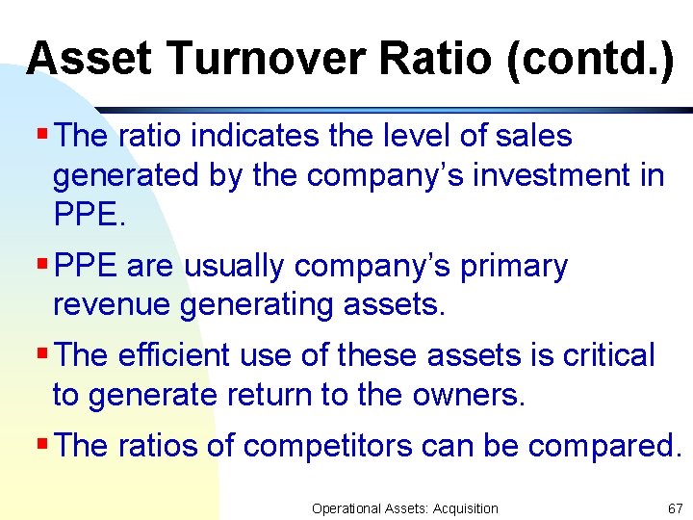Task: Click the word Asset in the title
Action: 90,59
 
